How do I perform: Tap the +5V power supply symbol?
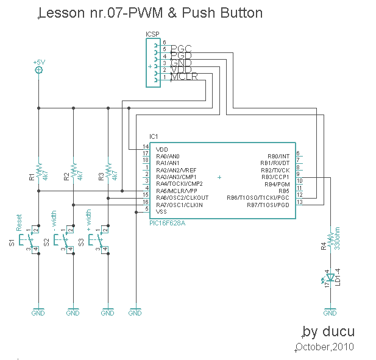pyautogui.click(x=38, y=70)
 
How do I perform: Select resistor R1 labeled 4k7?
pyautogui.click(x=38, y=170)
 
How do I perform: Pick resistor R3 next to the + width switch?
pyautogui.click(x=108, y=170)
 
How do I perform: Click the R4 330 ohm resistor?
pyautogui.click(x=330, y=240)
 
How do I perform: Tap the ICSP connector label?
pyautogui.click(x=152, y=35)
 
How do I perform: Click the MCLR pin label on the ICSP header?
pyautogui.click(x=183, y=77)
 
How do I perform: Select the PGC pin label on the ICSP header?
pyautogui.click(x=181, y=49)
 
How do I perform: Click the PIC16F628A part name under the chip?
pyautogui.click(x=167, y=224)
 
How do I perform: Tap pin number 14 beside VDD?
pyautogui.click(x=146, y=147)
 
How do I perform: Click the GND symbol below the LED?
pyautogui.click(x=330, y=312)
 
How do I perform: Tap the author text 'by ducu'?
pyautogui.click(x=328, y=332)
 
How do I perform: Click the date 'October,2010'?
pyautogui.click(x=324, y=347)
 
